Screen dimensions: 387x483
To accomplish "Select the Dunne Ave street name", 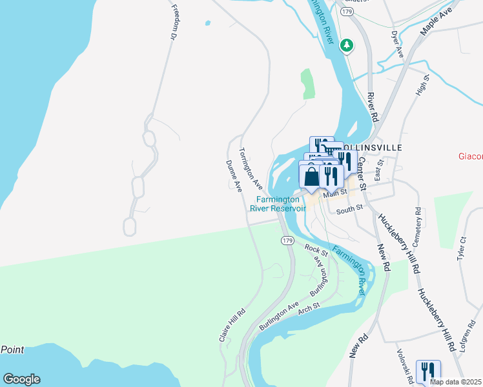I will pos(233,176).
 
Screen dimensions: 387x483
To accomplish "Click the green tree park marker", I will pos(347,45).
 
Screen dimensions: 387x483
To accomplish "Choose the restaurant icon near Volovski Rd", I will pos(428,372).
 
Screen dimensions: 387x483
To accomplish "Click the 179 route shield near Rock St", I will pos(288,240).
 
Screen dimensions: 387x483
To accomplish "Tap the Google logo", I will pos(21,379).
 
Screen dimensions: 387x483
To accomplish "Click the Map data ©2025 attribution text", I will pos(455,382).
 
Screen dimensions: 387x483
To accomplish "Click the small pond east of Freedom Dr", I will pos(207,23).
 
